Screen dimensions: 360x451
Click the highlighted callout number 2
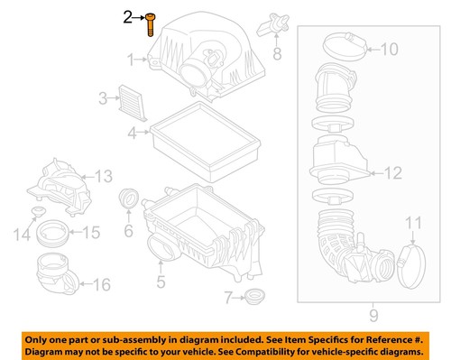coord(129,16)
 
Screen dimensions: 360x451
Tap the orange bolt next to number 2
coord(148,23)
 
